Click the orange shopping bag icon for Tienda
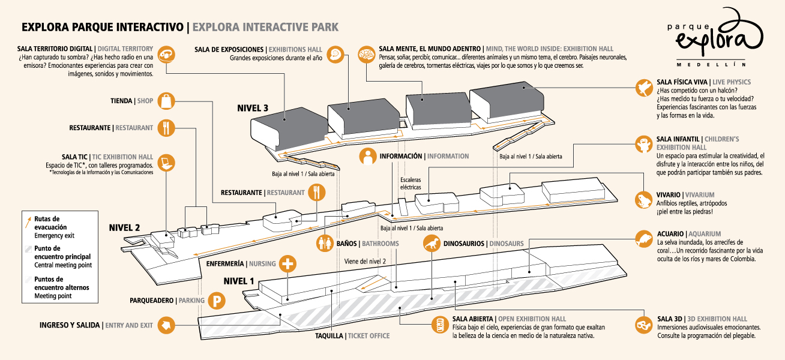[166, 101]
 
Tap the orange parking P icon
[215, 301]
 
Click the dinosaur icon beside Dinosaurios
[432, 244]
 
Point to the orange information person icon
[368, 156]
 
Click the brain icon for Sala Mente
[367, 55]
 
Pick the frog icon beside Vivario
[645, 199]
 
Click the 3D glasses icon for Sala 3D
[645, 325]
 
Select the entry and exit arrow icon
[166, 325]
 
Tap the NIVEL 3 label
[252, 109]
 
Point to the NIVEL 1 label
[239, 281]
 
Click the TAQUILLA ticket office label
[329, 336]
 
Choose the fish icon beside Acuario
[645, 240]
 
